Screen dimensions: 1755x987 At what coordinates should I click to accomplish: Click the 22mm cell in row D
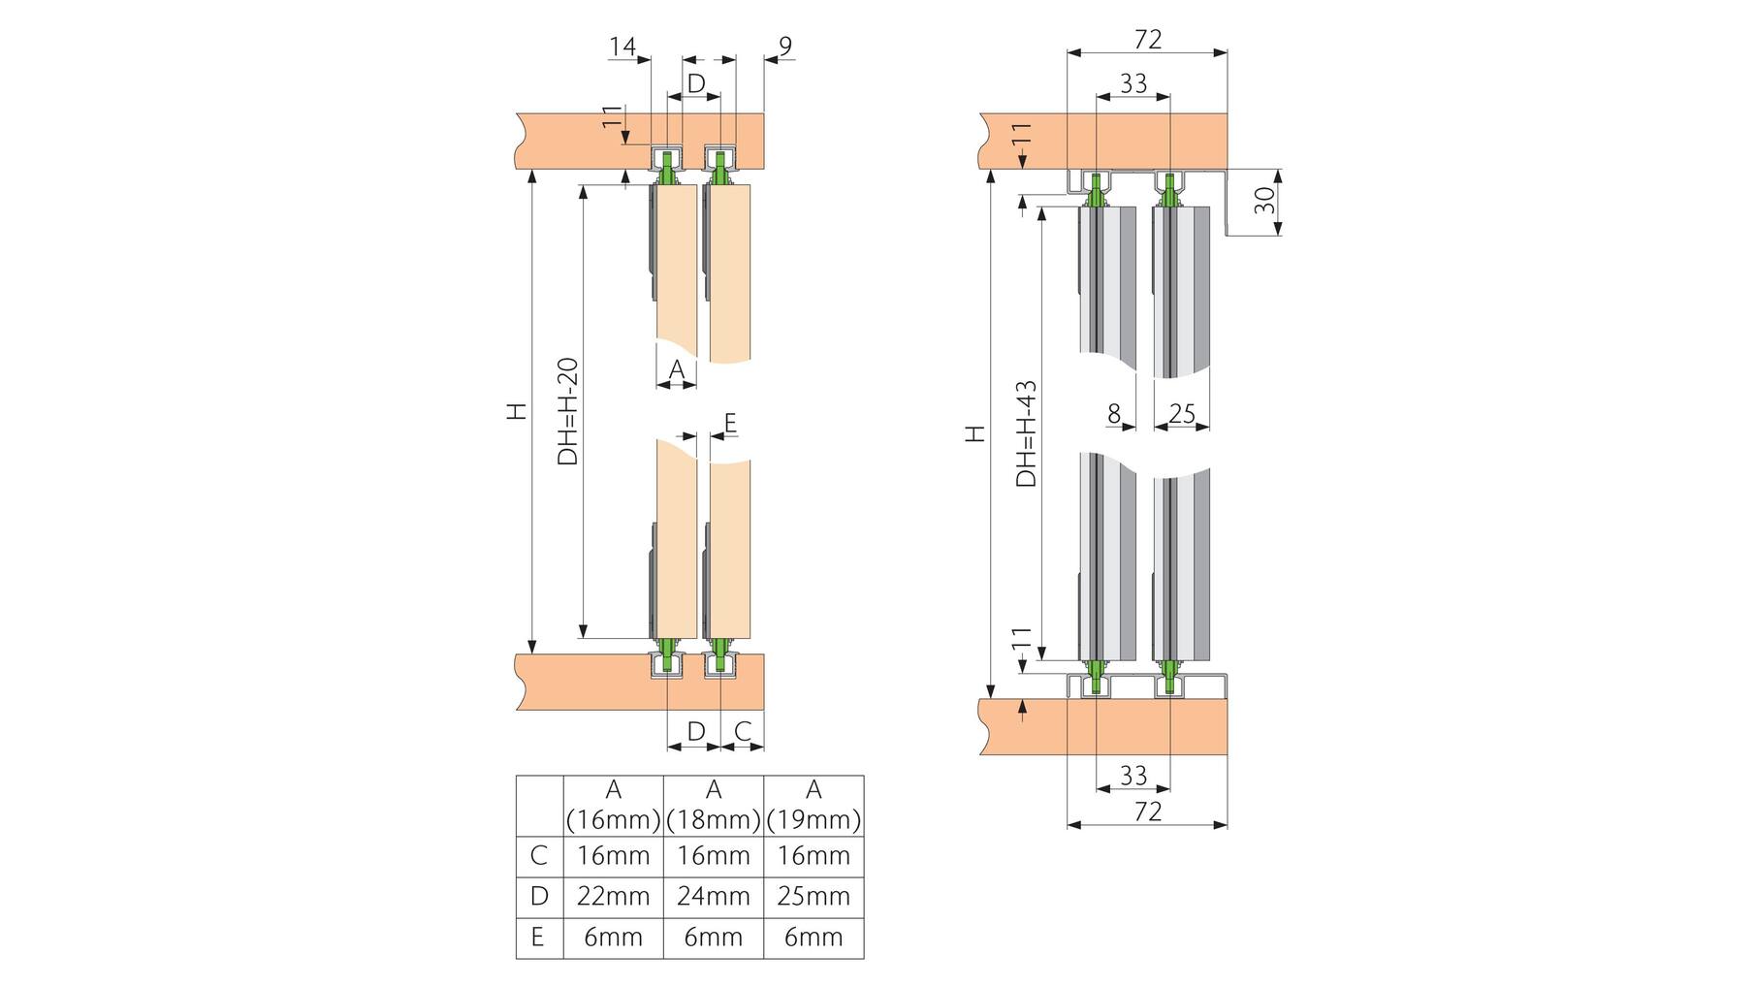pos(613,896)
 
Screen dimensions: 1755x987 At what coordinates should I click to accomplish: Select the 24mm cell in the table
pos(714,896)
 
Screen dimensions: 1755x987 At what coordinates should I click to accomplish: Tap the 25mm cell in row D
pos(814,896)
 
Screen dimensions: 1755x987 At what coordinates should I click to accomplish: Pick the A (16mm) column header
pos(613,806)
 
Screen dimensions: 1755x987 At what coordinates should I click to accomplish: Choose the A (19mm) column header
pos(814,806)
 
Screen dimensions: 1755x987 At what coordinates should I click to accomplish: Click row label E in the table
pos(538,937)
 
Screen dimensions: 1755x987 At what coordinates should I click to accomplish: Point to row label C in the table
pos(538,855)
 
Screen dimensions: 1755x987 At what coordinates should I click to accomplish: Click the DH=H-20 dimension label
pos(568,411)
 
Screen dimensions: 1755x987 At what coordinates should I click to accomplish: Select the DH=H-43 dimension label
pos(1026,432)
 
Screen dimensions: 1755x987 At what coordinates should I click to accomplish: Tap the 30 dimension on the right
pos(1264,201)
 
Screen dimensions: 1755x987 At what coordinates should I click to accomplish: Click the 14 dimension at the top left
pos(622,46)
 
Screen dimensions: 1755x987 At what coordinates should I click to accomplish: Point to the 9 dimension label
pos(785,46)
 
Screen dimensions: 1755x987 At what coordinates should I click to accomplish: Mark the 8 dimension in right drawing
pos(1114,414)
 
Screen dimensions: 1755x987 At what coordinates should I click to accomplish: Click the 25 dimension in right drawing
pos(1182,414)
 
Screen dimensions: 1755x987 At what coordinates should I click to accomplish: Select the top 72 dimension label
pos(1148,39)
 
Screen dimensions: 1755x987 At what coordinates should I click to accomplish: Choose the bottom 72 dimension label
pos(1148,811)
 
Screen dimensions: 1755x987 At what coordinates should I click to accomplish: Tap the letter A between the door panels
pos(677,369)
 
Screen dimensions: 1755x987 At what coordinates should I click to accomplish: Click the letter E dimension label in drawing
pos(730,423)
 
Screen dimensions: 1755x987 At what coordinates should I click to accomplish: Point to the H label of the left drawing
pos(519,410)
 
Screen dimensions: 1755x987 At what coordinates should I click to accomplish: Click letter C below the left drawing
pos(743,731)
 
